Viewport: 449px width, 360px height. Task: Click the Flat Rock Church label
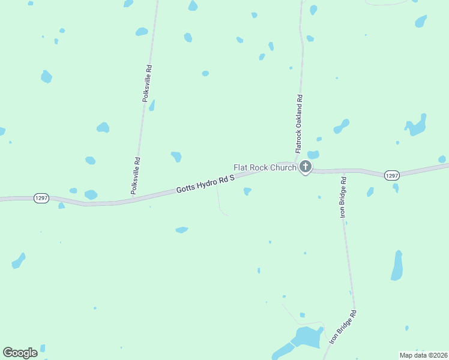264,167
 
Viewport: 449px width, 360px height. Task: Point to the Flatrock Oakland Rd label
298,122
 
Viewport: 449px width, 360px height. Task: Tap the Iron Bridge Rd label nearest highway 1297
343,197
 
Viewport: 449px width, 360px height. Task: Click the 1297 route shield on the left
41,198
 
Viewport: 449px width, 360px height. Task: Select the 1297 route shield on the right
391,175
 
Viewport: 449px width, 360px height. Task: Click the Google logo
20,352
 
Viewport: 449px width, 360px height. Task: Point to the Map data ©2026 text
423,355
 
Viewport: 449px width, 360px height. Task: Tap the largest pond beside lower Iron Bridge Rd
307,338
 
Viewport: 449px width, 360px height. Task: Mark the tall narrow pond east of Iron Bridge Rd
397,265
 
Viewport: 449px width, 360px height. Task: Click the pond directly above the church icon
313,155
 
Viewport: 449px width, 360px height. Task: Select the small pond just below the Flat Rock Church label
247,191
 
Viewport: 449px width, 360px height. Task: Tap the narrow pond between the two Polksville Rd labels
152,106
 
